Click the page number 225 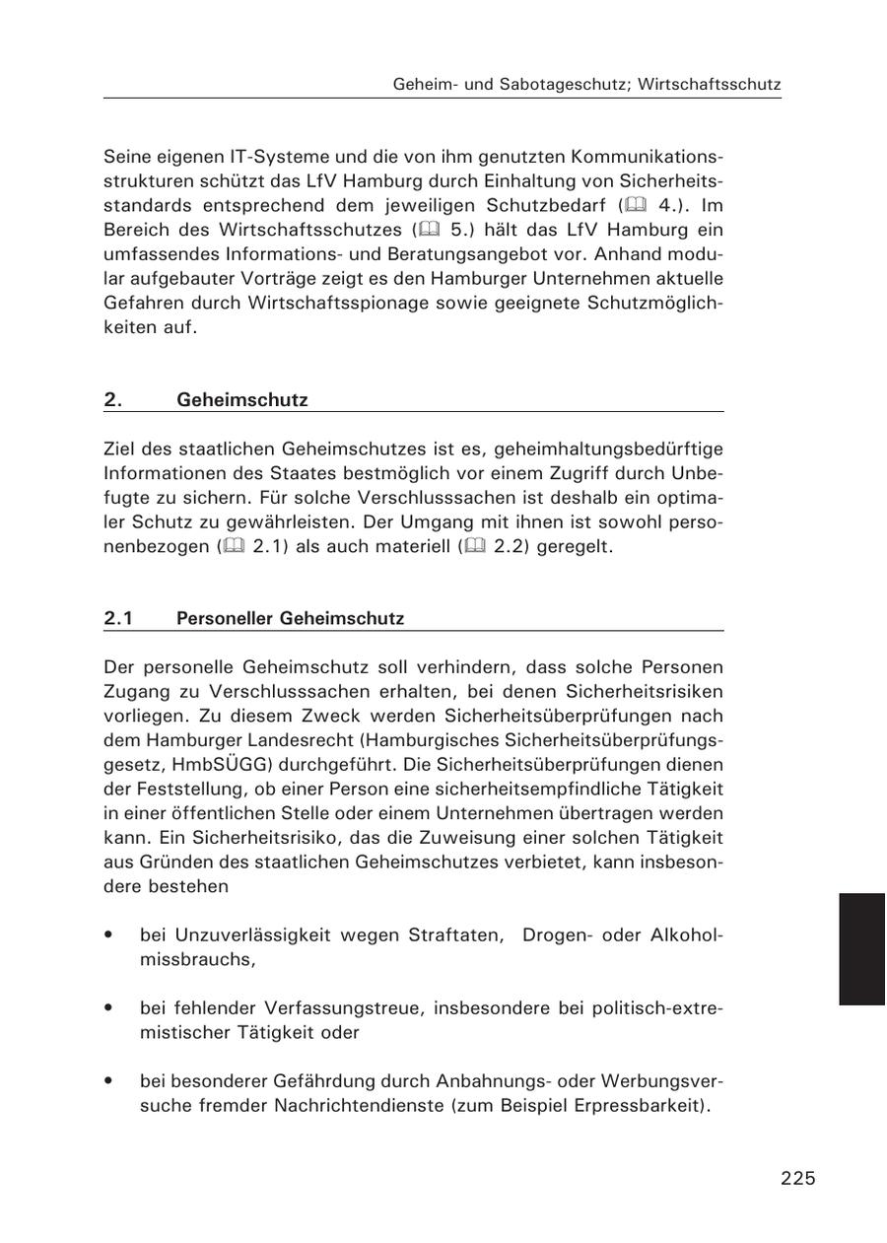(797, 1178)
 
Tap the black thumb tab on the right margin (862, 948)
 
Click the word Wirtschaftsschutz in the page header (710, 85)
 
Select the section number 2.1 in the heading (118, 619)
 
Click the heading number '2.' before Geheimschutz (112, 400)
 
